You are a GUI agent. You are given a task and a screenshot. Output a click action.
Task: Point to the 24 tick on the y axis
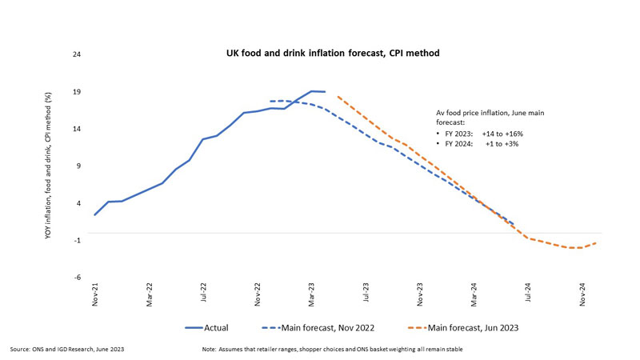point(78,55)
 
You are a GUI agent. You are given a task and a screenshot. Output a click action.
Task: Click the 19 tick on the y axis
point(78,92)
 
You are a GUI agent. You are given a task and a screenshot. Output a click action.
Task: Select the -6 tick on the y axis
point(78,277)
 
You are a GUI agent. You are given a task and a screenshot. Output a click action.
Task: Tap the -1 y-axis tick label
point(78,240)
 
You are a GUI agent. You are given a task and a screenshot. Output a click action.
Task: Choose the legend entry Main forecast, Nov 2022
point(320,327)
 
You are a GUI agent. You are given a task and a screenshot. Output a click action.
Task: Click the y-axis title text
point(49,166)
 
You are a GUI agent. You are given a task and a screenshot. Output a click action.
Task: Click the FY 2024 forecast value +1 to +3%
point(502,143)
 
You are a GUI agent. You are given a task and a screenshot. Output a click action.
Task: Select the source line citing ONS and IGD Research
point(67,350)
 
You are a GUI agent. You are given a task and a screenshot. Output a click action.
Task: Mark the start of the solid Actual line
point(94,214)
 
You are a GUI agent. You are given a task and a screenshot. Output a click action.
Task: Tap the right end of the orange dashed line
point(597,242)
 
